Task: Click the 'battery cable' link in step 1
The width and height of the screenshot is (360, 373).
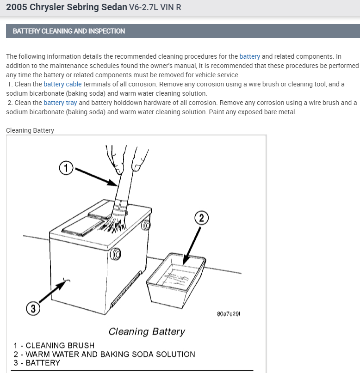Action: pos(62,84)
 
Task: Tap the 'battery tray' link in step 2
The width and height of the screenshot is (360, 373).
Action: pos(60,103)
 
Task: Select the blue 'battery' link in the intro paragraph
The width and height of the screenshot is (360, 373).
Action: pos(249,56)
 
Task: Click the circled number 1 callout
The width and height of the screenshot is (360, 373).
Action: pos(66,167)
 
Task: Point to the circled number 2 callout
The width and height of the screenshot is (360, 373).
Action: pos(201,218)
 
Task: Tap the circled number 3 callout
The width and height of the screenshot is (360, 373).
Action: pos(32,308)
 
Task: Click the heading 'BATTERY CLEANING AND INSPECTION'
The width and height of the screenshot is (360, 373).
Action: pos(69,31)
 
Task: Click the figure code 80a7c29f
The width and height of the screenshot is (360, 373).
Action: pos(229,314)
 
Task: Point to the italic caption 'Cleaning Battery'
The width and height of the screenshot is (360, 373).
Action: pos(147,331)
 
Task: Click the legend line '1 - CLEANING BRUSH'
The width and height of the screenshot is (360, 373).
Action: pos(54,345)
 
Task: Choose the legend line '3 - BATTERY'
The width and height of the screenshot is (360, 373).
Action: pos(37,363)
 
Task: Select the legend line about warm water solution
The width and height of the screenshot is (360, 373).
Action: pos(105,354)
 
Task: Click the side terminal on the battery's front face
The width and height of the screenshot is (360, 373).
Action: pos(116,253)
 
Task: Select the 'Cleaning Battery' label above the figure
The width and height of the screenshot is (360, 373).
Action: pos(30,130)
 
